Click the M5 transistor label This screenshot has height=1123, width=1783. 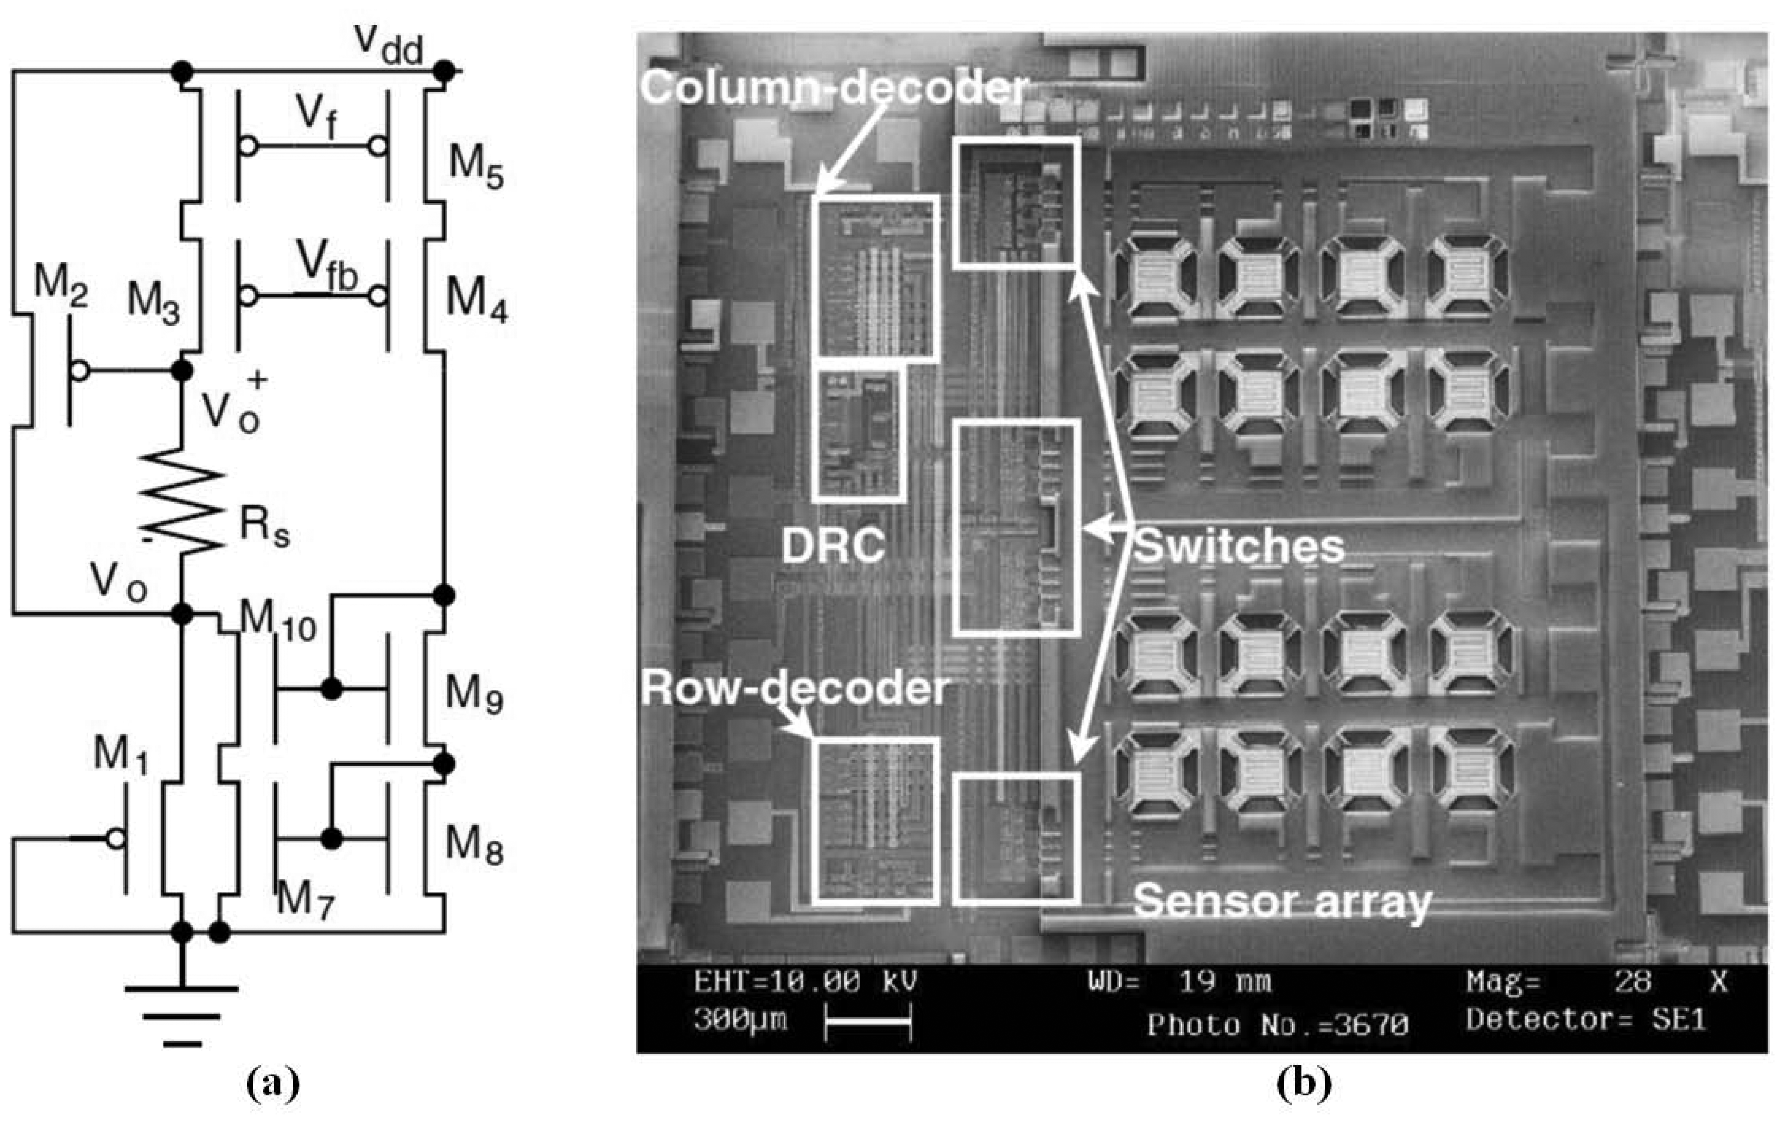point(475,166)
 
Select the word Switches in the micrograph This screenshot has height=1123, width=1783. point(1238,546)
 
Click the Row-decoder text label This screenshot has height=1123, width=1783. point(794,688)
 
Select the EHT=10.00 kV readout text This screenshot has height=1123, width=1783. point(806,982)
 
